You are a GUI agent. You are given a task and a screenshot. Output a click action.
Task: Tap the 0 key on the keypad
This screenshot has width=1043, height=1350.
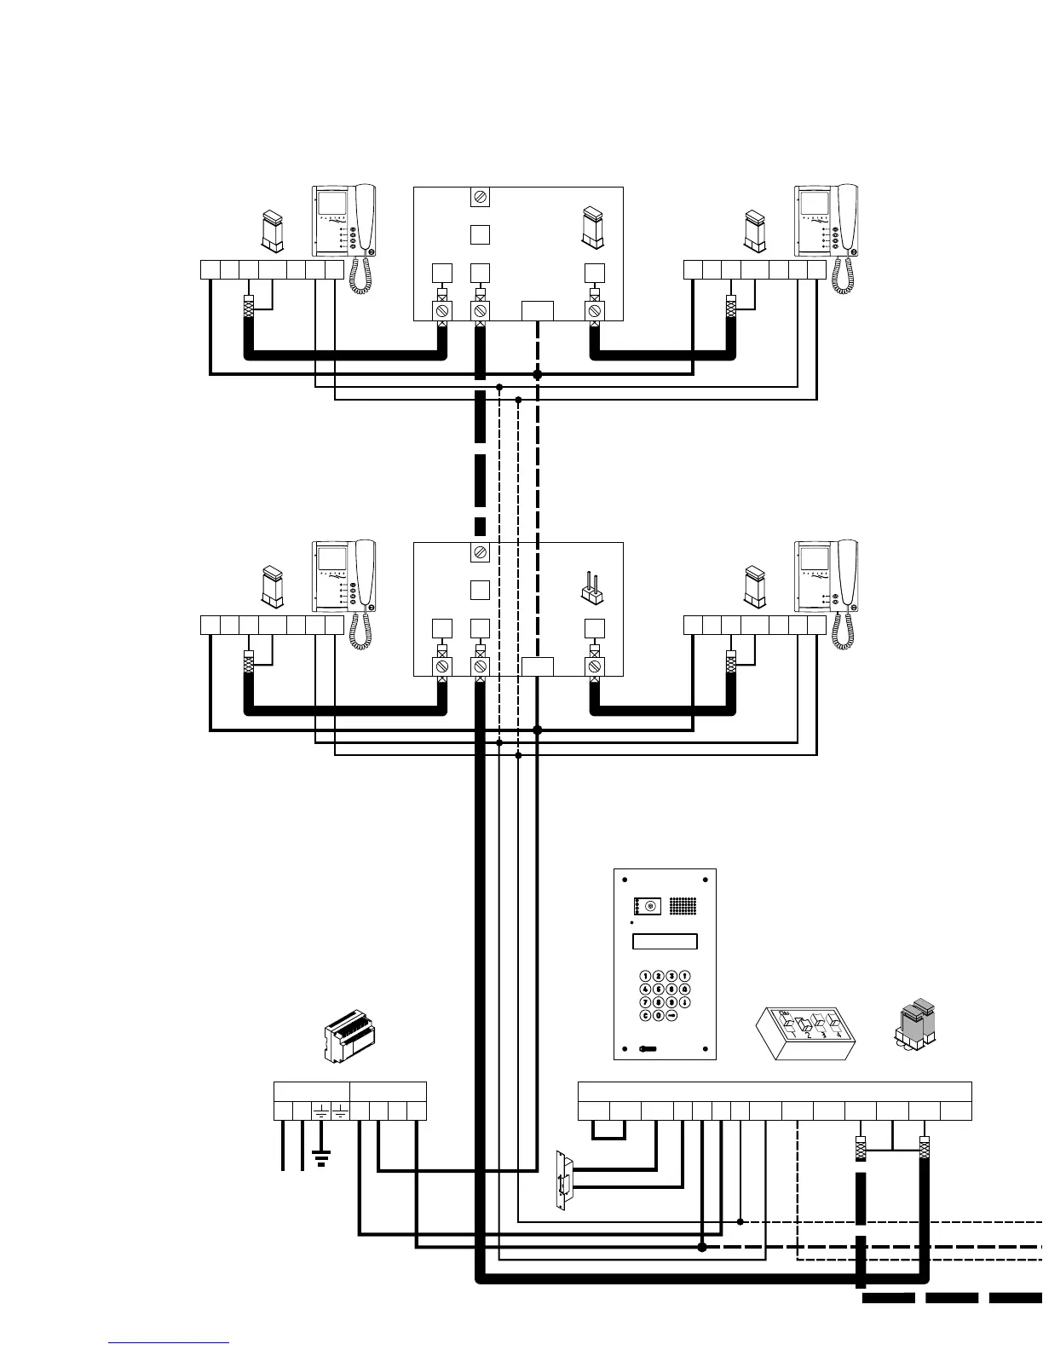(x=659, y=1016)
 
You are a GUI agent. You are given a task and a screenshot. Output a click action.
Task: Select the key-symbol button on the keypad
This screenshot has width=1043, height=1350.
(x=672, y=1016)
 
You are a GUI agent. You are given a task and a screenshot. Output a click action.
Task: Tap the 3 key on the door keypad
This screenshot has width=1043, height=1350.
(x=672, y=976)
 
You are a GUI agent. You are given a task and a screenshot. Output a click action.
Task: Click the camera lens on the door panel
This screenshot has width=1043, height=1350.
(x=649, y=906)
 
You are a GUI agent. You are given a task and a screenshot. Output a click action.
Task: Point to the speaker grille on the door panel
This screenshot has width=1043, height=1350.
(x=683, y=906)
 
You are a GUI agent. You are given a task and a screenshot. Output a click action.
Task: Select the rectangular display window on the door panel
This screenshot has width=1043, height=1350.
(x=665, y=942)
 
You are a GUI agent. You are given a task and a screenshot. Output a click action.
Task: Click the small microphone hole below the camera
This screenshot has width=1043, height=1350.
(x=631, y=923)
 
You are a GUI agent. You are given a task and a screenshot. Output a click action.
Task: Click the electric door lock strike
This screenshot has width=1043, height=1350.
(x=563, y=1180)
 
